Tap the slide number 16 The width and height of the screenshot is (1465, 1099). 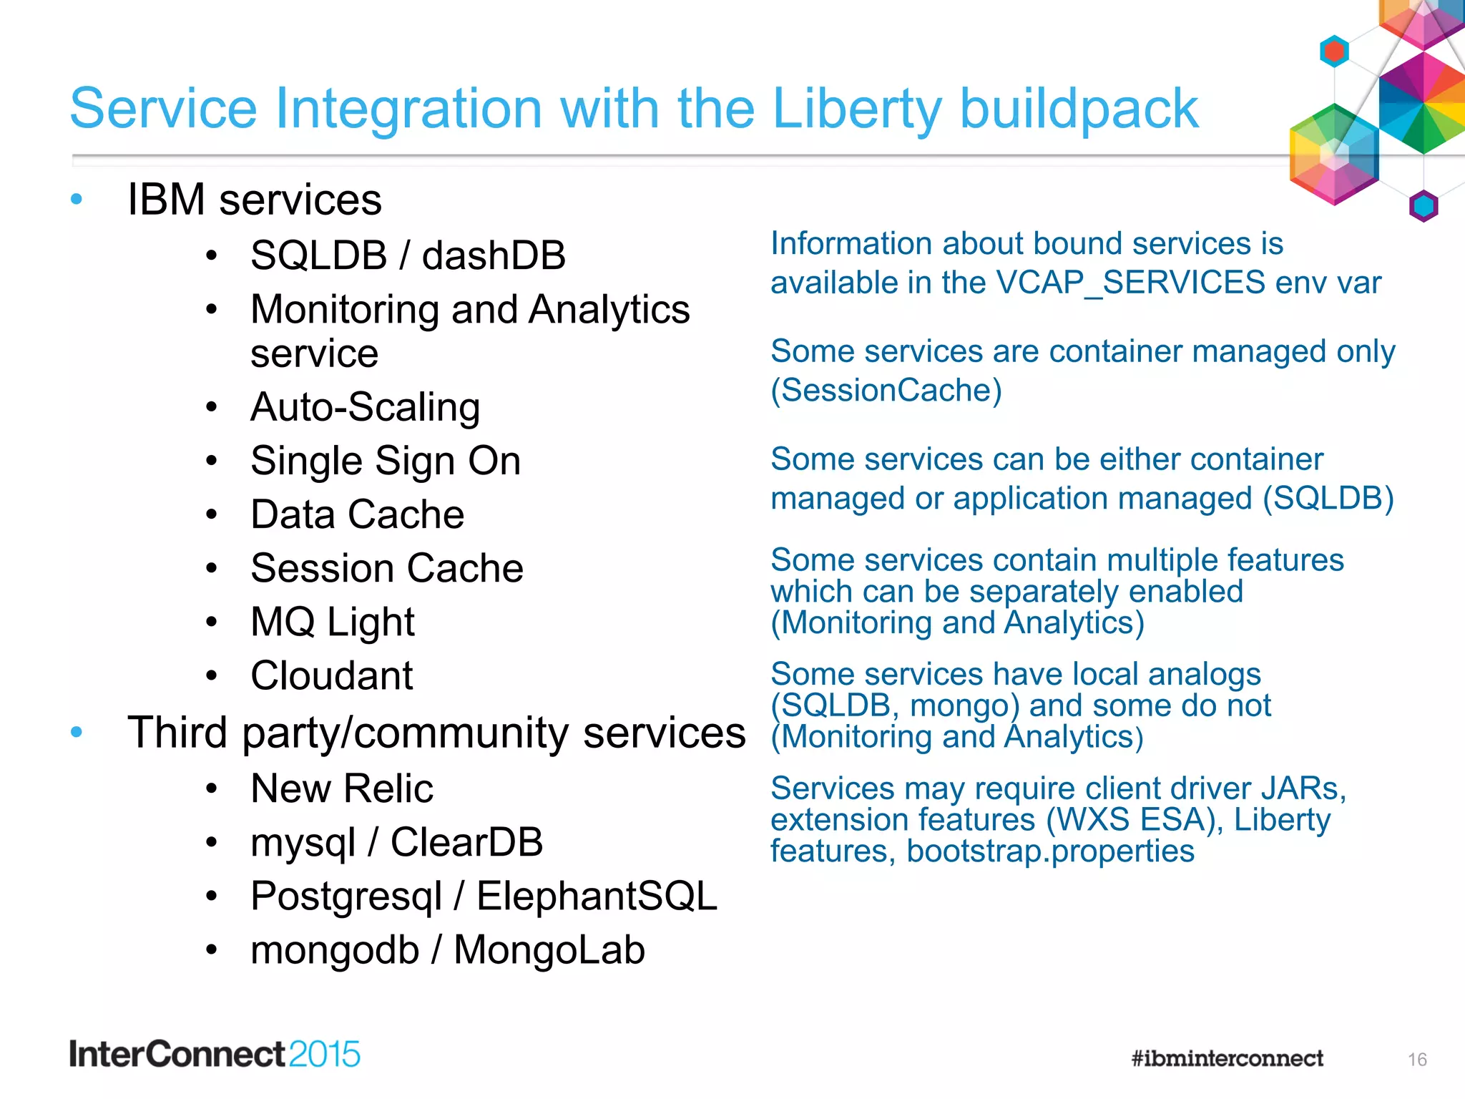1417,1060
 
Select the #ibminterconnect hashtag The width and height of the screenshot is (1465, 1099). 1227,1058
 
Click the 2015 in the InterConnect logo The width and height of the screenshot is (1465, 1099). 325,1055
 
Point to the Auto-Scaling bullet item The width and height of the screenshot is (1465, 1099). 365,407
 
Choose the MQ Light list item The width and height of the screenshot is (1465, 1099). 333,622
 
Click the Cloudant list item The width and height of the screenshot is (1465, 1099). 332,675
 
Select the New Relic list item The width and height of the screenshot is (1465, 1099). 342,788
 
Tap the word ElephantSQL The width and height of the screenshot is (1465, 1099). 597,896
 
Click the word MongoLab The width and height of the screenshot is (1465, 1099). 549,950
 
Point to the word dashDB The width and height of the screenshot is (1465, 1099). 494,255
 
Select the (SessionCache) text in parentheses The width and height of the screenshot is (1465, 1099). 886,391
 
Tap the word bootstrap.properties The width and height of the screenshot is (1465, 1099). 1050,851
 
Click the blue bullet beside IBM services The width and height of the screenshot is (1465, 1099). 77,199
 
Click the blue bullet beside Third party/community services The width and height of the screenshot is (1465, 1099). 77,732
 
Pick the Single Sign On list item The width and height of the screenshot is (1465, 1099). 386,461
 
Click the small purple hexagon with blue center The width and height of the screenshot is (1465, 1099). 1423,206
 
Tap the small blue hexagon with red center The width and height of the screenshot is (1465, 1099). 1334,52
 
